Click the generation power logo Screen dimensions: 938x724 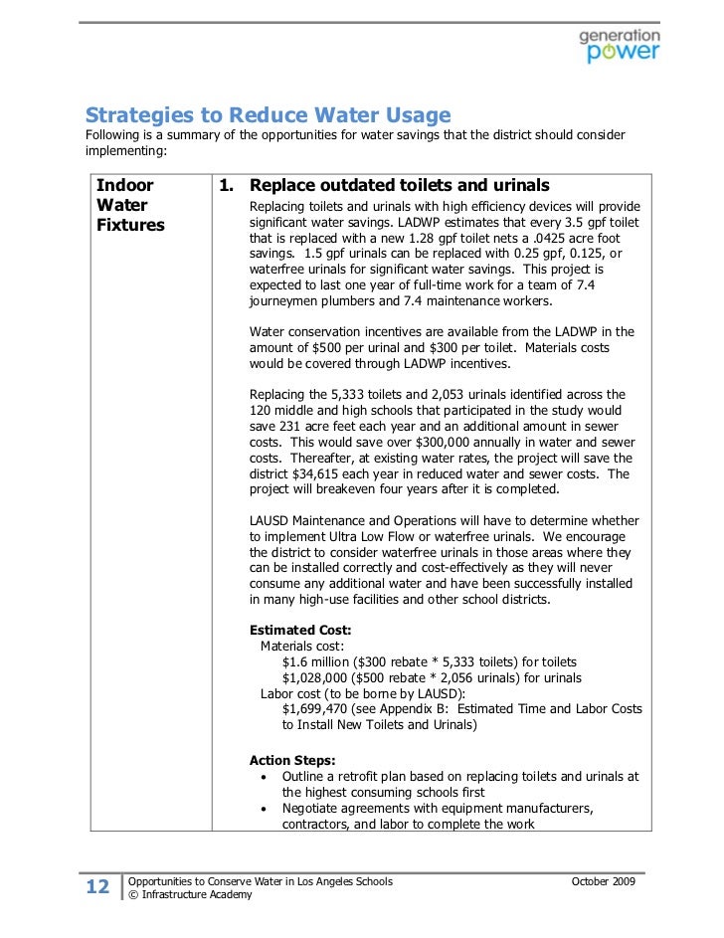pyautogui.click(x=619, y=45)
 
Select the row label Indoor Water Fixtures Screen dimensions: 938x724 pyautogui.click(x=130, y=205)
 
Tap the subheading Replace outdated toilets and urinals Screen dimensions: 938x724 pyautogui.click(x=399, y=186)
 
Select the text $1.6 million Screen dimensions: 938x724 pyautogui.click(x=314, y=661)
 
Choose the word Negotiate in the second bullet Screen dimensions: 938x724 pyautogui.click(x=313, y=809)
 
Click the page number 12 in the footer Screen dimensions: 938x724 pyautogui.click(x=97, y=888)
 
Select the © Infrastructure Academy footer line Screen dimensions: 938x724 pyautogui.click(x=191, y=895)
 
